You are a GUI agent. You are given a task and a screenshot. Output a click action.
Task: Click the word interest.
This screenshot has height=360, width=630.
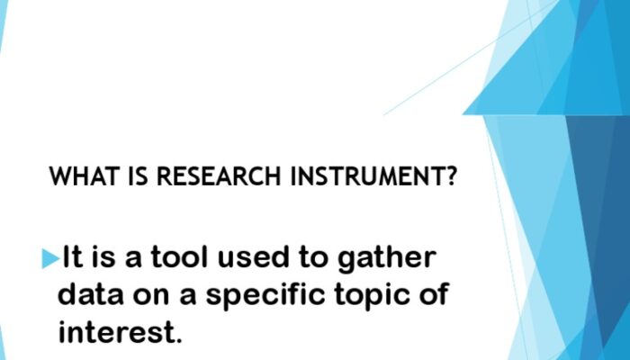coord(121,332)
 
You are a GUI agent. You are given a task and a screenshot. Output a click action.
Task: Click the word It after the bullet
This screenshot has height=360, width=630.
coord(72,259)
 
